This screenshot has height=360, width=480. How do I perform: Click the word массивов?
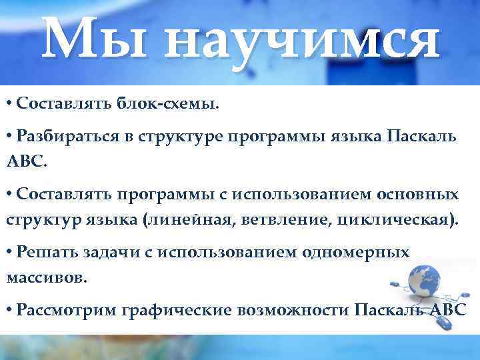[x=47, y=277]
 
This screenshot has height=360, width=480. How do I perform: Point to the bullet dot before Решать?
[x=9, y=252]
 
